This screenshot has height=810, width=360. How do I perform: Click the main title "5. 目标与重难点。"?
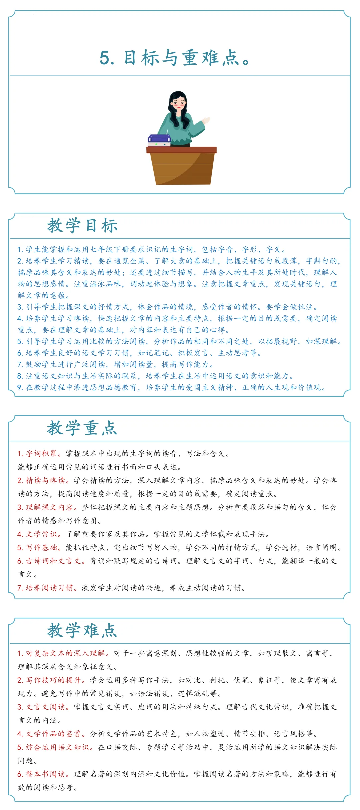(175, 58)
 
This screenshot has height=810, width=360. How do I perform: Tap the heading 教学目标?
(82, 226)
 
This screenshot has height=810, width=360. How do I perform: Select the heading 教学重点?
(82, 428)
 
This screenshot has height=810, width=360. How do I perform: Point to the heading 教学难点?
(82, 630)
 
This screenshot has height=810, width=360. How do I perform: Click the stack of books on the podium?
(159, 140)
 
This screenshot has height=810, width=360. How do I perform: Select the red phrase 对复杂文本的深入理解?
(66, 653)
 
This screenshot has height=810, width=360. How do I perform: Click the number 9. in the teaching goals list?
(20, 387)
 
